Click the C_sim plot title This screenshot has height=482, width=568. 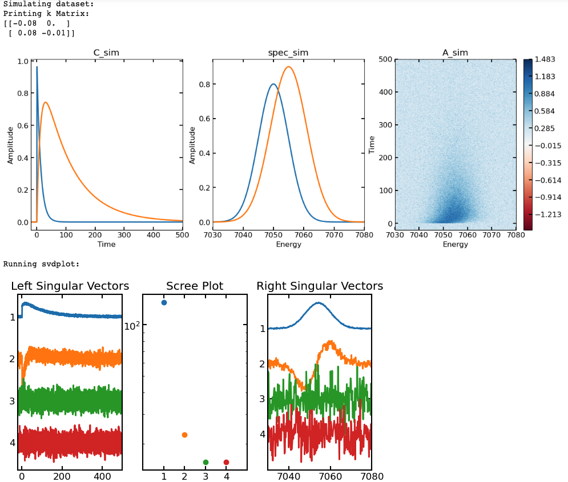106,53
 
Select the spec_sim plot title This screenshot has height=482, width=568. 288,53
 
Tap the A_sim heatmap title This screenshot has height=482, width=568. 455,53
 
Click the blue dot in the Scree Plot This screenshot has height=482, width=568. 164,302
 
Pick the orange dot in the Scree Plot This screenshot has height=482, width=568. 184,435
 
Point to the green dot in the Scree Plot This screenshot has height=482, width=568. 206,462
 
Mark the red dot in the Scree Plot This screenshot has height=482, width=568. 226,462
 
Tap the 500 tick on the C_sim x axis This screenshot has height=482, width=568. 183,234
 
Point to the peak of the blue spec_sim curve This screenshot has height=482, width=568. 273,84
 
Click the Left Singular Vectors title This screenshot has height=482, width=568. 70,286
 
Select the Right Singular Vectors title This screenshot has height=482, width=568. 320,286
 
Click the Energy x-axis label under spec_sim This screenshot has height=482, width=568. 289,244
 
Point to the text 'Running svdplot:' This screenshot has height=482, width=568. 42,264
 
